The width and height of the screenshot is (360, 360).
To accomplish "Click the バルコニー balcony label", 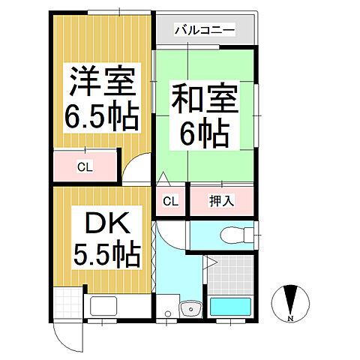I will click(x=205, y=31).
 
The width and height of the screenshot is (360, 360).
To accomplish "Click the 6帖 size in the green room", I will click(x=205, y=134).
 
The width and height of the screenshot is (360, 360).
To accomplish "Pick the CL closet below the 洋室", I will click(x=85, y=166).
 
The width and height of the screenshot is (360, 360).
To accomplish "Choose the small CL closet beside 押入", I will click(x=170, y=201).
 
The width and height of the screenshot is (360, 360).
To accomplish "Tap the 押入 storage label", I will click(x=222, y=201).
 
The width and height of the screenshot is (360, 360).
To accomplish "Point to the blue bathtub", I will click(x=231, y=307).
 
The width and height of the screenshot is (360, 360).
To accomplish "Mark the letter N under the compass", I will click(x=289, y=319).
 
